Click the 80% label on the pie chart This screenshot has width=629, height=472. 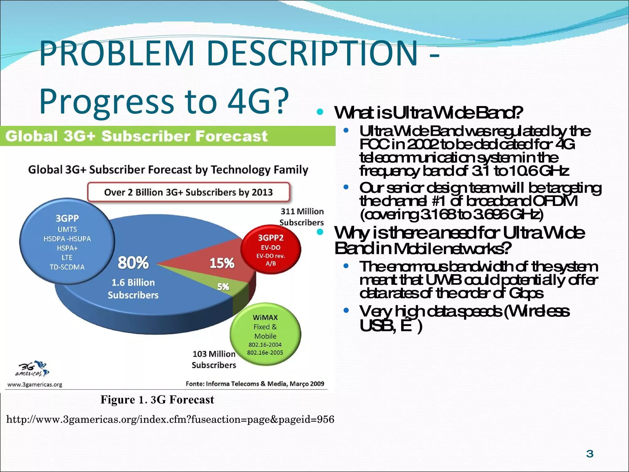[133, 263]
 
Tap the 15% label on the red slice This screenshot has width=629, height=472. [222, 263]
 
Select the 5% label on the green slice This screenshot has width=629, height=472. [223, 287]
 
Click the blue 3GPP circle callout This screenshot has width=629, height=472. [67, 242]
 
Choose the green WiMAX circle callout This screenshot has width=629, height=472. [265, 334]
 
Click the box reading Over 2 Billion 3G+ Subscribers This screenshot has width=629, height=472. [188, 192]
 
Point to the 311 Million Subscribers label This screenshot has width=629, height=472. [302, 217]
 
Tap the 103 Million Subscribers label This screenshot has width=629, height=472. [214, 360]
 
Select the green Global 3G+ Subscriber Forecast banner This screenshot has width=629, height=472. [167, 136]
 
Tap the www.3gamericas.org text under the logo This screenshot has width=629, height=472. [34, 385]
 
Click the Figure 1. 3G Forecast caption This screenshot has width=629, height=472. [157, 400]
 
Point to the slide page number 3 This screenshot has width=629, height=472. [590, 454]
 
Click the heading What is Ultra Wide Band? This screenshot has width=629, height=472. [428, 113]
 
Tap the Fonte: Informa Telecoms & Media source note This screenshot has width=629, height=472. [255, 384]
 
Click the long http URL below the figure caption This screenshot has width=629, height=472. [170, 419]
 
